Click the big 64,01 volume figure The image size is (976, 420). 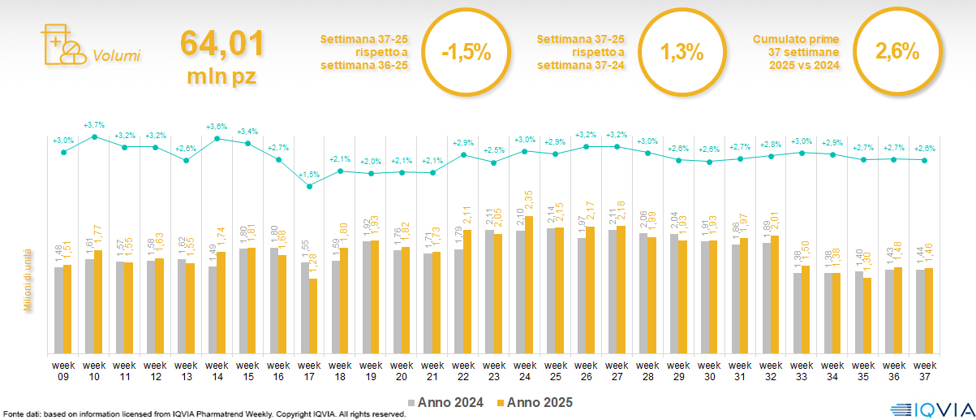pos(221,43)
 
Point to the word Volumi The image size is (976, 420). pos(116,56)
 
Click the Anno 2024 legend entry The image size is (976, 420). pos(449,402)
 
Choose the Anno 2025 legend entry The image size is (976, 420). pos(535,402)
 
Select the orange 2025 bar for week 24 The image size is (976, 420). pos(530,284)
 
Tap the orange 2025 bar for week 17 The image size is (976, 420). pos(313,316)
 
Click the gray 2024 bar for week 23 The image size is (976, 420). pos(489,292)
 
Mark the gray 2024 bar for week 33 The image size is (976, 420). pos(797,313)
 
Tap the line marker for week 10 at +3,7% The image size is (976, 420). pos(94,137)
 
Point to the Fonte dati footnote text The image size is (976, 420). pos(203,414)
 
